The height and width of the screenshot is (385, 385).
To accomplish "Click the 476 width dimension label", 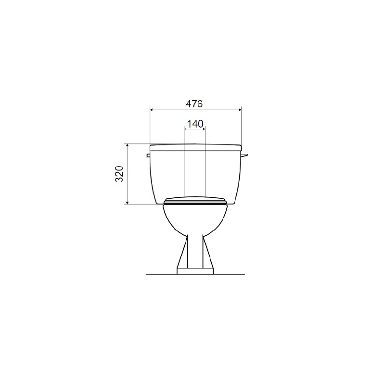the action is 194,104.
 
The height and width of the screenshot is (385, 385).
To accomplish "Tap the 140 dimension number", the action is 195,124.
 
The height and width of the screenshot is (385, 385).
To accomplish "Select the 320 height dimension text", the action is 119,174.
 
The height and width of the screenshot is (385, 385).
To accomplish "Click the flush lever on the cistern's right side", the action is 244,155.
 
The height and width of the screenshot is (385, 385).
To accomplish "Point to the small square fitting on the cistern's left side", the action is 148,155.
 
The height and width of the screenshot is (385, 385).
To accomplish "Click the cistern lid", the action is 196,147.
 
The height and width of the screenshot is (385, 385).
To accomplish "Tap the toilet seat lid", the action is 195,200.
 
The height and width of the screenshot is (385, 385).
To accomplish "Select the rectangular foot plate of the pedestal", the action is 195,271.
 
